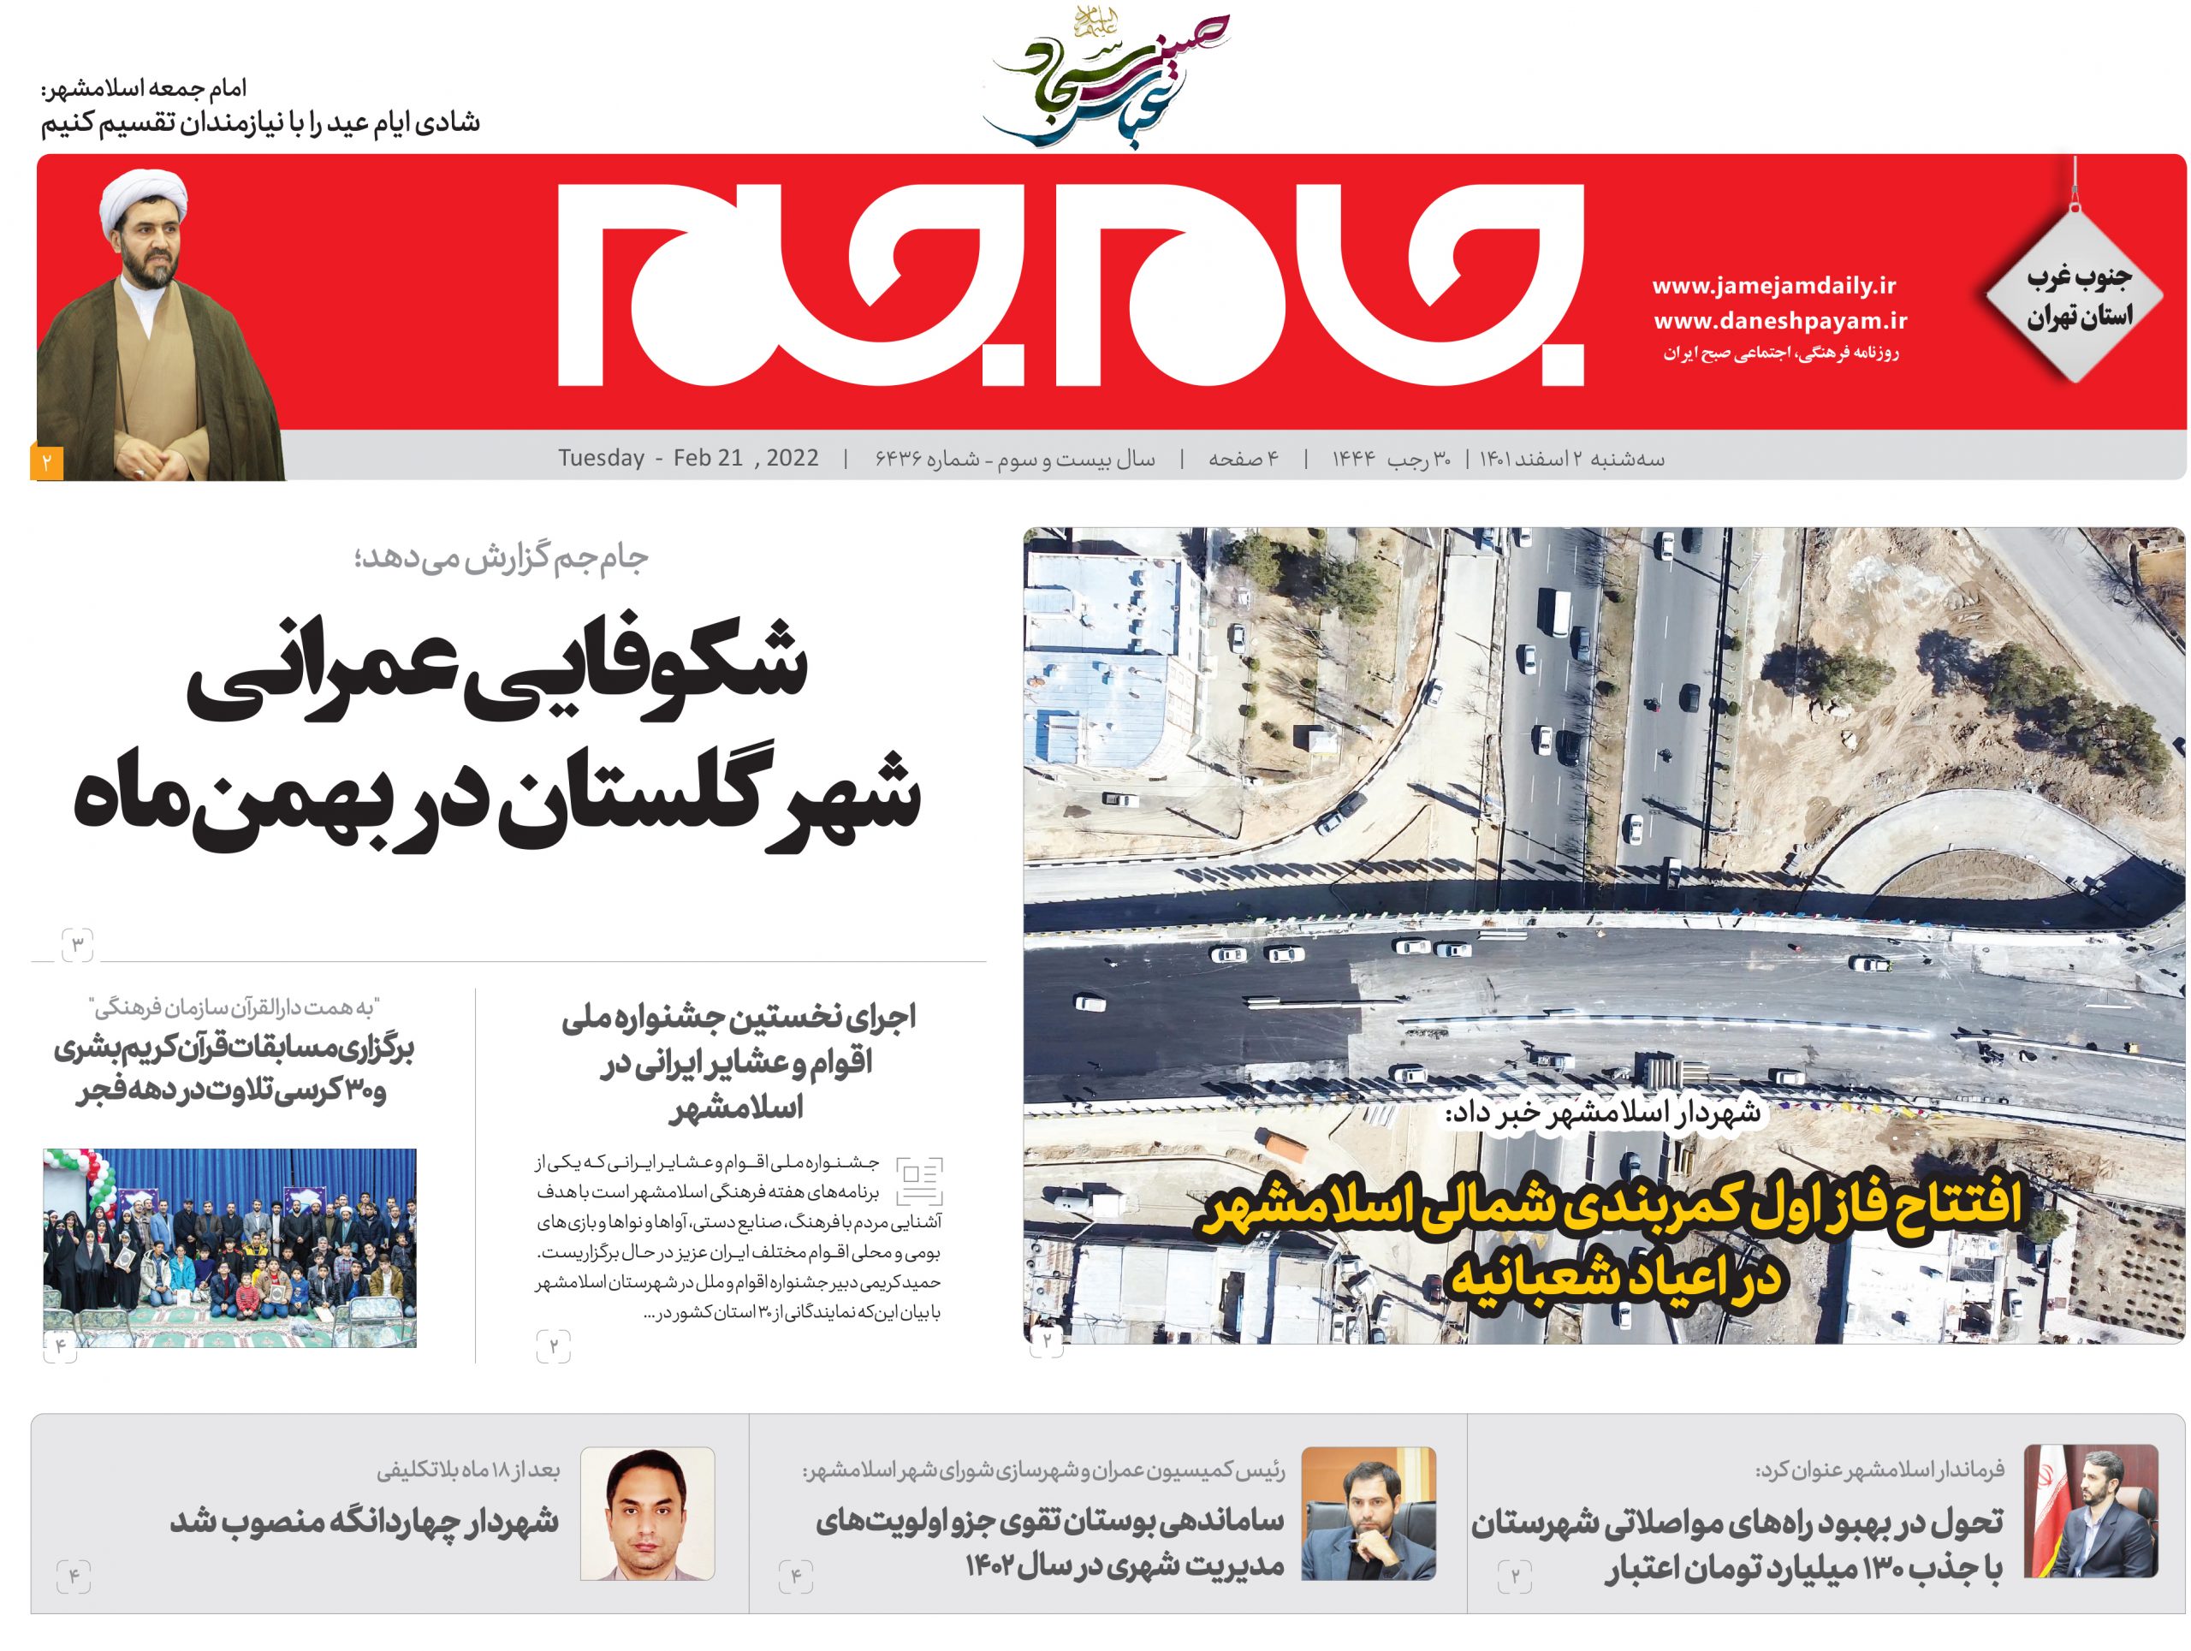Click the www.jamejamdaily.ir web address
(1774, 286)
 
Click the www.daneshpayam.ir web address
(1780, 321)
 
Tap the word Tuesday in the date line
(600, 459)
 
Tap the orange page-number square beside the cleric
(46, 462)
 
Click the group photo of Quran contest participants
(229, 1247)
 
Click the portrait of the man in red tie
(647, 1513)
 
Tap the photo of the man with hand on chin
(1368, 1513)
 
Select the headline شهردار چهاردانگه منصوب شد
(364, 1521)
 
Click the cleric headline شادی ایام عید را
(260, 122)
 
